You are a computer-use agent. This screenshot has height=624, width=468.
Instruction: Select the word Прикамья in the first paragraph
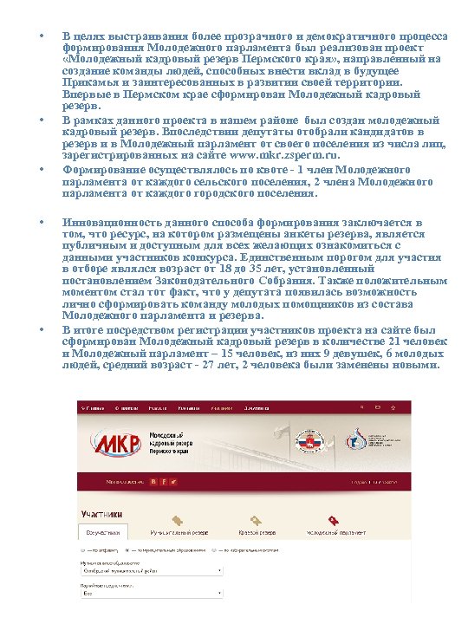pyautogui.click(x=90, y=81)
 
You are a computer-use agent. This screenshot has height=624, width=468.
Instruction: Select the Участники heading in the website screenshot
pyautogui.click(x=101, y=513)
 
